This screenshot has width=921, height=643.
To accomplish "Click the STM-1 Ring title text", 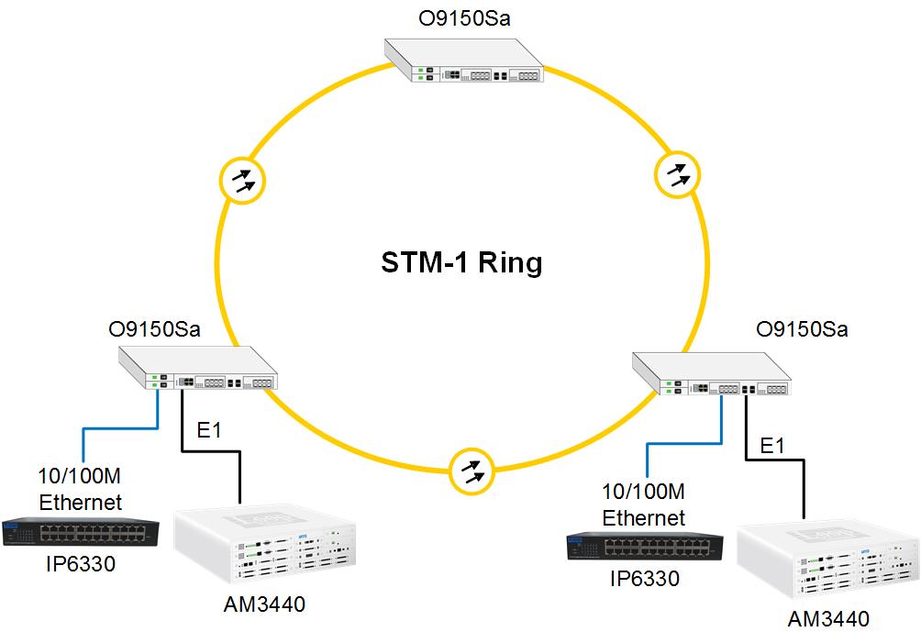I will click(x=461, y=263).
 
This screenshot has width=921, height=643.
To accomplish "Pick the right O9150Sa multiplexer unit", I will click(x=711, y=375).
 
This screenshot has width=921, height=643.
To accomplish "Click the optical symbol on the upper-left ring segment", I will click(x=243, y=181).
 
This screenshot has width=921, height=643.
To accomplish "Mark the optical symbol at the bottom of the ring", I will click(x=472, y=472).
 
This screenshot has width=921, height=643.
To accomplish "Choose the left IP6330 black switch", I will click(x=80, y=534).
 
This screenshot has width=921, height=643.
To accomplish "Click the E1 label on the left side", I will click(x=210, y=430).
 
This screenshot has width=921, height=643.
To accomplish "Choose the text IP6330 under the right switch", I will click(x=645, y=579).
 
